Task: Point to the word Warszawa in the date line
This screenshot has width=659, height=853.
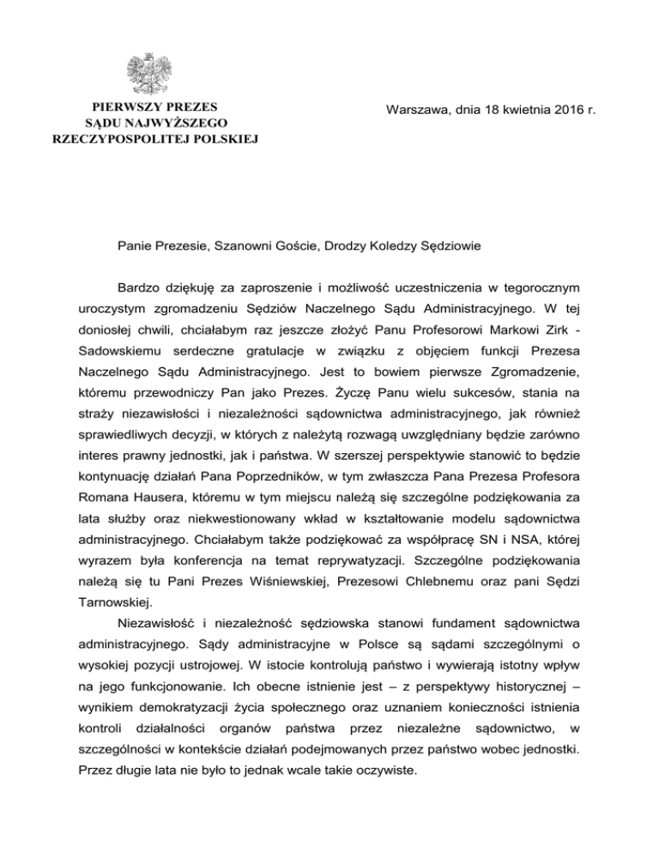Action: point(416,111)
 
